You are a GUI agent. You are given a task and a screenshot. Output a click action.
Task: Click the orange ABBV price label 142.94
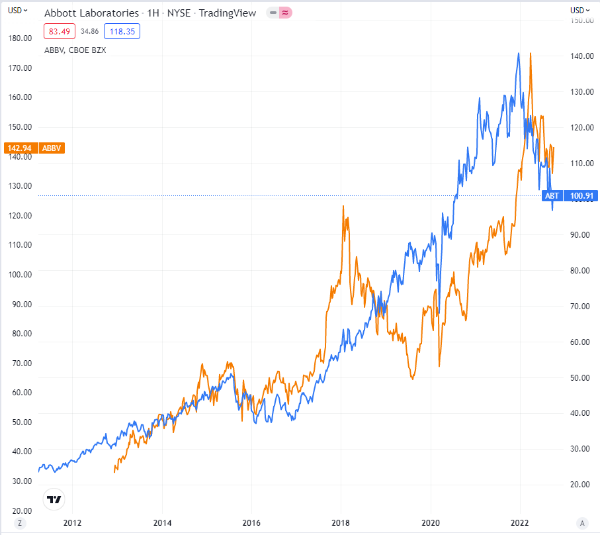tap(18, 148)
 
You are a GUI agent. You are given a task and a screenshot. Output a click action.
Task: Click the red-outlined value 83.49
tap(58, 30)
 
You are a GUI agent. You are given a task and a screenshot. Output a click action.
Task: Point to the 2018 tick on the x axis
tap(341, 522)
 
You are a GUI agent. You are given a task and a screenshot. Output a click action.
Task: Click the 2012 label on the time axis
tap(72, 522)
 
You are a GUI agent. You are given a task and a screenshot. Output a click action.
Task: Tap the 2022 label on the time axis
tap(521, 522)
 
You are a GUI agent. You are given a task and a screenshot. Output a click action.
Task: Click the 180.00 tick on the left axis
tap(20, 38)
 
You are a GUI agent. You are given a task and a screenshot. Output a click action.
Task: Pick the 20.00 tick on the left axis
tap(20, 510)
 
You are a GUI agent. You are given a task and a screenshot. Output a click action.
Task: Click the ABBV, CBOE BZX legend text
tap(75, 49)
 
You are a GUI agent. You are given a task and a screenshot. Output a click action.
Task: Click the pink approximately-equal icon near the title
tap(285, 13)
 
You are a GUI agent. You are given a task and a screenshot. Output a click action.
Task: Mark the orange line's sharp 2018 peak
tap(343, 207)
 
